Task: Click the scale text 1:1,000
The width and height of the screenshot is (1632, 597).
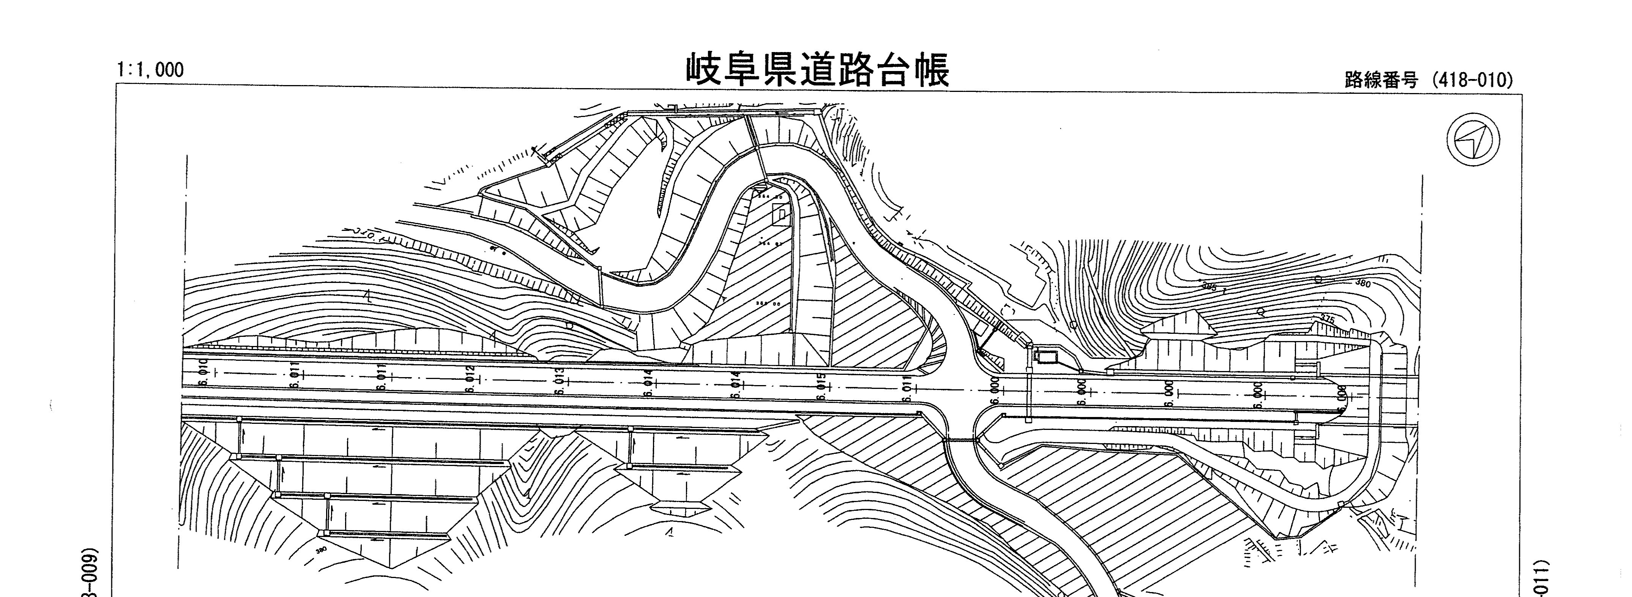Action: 150,70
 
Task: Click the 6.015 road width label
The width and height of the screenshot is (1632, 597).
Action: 822,387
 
